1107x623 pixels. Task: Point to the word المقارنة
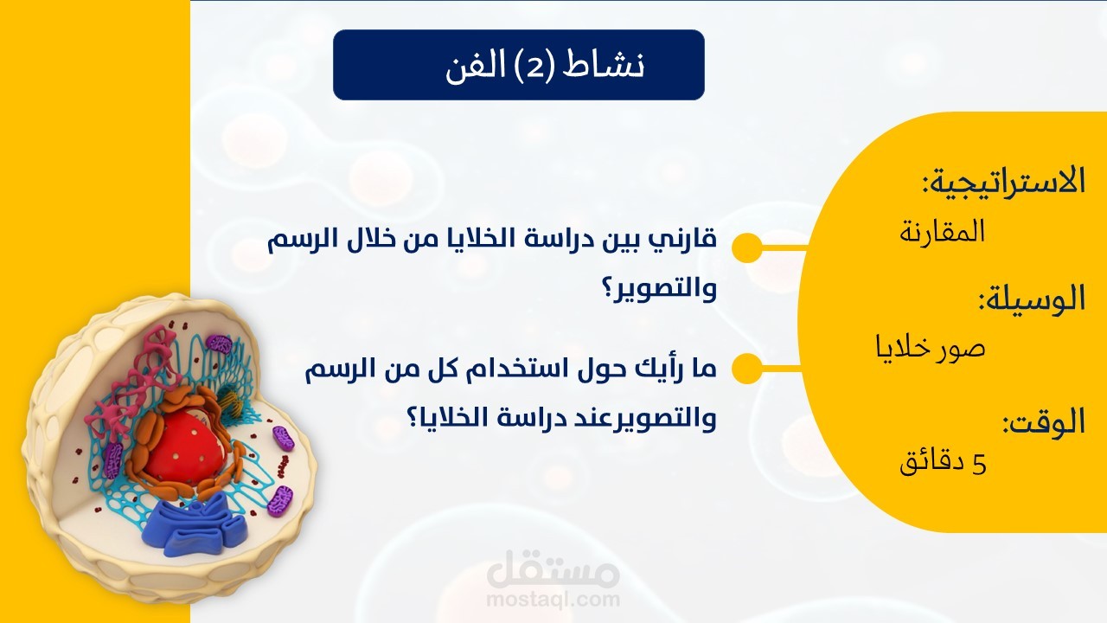(943, 232)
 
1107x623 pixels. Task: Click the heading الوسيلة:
(1031, 299)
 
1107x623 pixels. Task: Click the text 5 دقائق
(944, 464)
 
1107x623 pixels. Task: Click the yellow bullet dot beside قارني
(746, 248)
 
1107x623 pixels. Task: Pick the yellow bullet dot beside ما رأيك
(746, 369)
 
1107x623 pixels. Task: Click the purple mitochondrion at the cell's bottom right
(279, 500)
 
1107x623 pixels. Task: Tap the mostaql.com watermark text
(553, 599)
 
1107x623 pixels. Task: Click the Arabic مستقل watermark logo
(553, 571)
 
